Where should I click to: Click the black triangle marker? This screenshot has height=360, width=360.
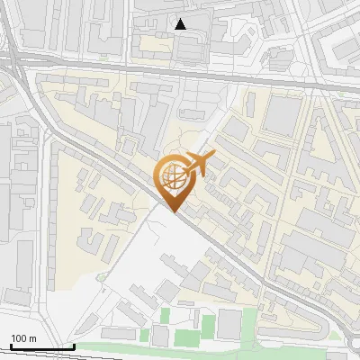coord(181,24)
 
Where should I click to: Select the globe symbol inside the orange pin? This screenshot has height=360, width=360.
coord(171,177)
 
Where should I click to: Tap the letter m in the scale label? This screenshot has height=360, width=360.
coord(34,338)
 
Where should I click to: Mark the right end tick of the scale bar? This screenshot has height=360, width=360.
coord(74,345)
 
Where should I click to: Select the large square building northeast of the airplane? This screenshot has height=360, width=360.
coord(284,115)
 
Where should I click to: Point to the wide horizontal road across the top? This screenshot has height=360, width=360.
coord(180,70)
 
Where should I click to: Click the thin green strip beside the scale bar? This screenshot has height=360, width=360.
coord(108,346)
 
